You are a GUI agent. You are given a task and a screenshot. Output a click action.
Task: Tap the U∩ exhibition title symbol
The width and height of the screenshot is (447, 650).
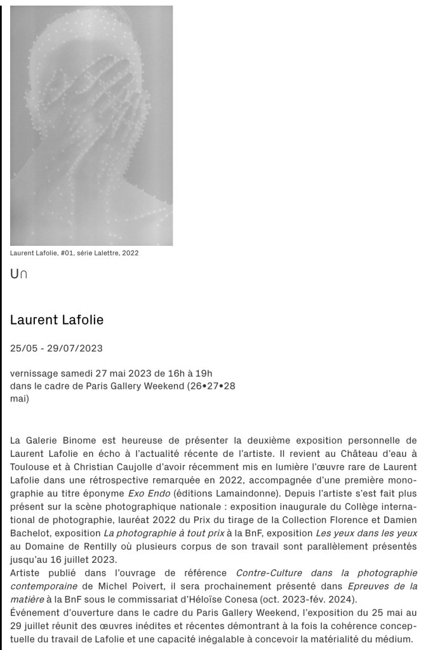[x=18, y=274]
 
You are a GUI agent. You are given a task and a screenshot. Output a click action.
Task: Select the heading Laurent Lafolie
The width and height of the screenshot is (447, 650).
[x=57, y=320]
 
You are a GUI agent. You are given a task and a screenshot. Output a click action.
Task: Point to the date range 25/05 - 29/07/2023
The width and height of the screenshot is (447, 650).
[x=56, y=348]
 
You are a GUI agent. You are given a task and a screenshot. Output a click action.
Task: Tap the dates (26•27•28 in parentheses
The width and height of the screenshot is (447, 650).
[x=211, y=386]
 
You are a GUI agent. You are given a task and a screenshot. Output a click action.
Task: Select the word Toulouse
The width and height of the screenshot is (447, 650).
[x=31, y=466]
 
